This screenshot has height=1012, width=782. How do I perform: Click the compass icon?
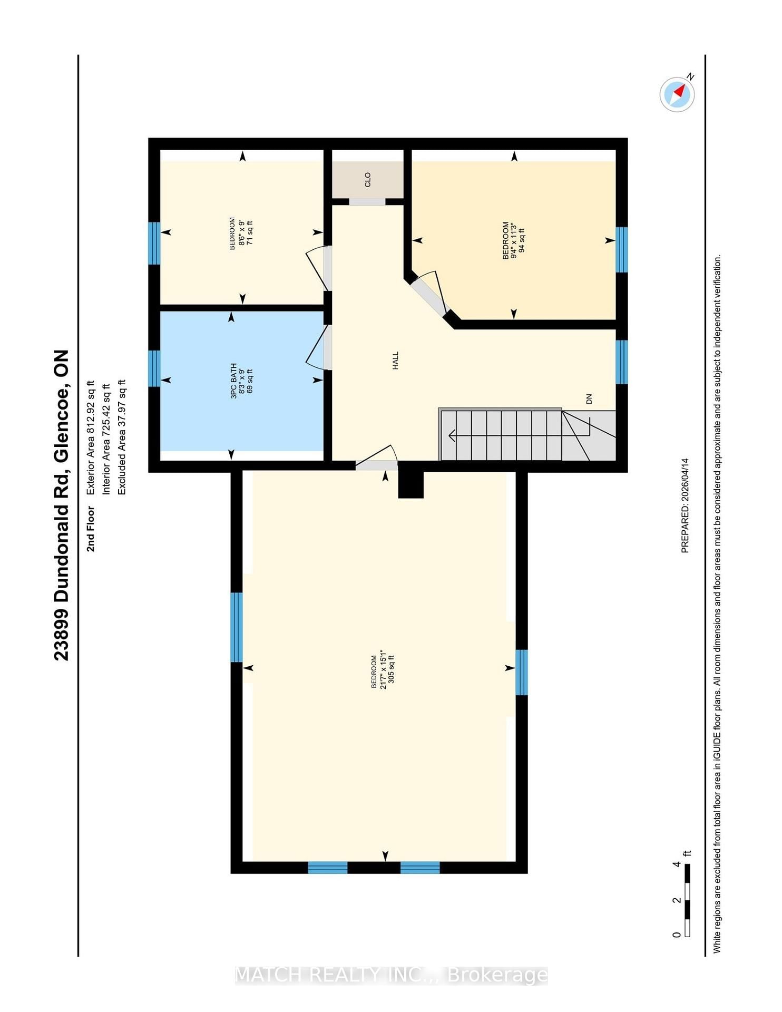pos(677,94)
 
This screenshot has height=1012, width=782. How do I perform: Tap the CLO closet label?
pos(368,179)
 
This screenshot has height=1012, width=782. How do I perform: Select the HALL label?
pos(395,361)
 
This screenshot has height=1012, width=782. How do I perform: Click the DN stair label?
pos(589,399)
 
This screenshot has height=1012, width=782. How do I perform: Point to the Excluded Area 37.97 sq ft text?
pos(121,437)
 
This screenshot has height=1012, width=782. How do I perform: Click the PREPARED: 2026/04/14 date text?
pos(685,505)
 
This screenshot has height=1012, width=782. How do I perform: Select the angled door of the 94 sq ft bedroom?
pos(429,293)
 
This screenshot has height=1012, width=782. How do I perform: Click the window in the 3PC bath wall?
pos(154,368)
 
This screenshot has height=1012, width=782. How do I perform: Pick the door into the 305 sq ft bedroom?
pos(376,457)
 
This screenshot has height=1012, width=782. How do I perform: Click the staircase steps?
pos(527,435)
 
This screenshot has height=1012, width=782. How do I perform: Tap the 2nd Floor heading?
pos(91,529)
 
